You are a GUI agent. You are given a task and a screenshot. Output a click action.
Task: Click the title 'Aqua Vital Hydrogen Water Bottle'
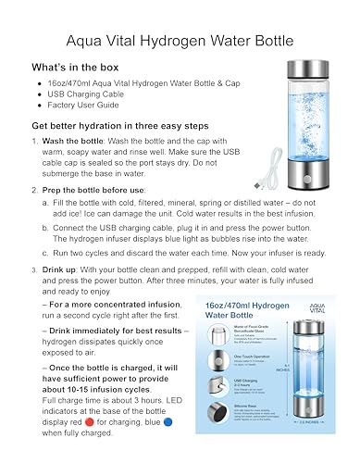point(180,40)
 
